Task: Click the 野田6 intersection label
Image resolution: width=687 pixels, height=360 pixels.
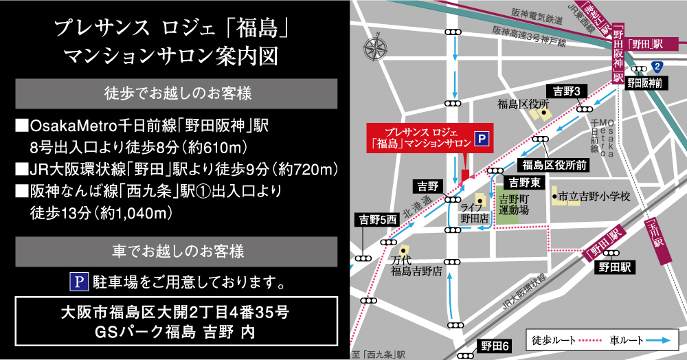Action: (495, 346)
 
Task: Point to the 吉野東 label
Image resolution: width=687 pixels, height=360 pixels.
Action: (524, 182)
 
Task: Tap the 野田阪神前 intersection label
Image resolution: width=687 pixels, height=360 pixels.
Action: (644, 82)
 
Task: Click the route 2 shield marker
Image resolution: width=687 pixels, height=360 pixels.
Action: (657, 67)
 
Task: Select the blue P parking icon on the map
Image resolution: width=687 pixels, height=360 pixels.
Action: (482, 139)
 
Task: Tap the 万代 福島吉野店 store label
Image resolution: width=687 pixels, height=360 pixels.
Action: (417, 266)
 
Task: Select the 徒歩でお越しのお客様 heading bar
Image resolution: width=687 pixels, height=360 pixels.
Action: (177, 93)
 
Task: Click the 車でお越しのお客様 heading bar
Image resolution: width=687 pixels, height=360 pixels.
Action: (177, 251)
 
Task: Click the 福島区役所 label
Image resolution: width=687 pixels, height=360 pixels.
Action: (525, 104)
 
